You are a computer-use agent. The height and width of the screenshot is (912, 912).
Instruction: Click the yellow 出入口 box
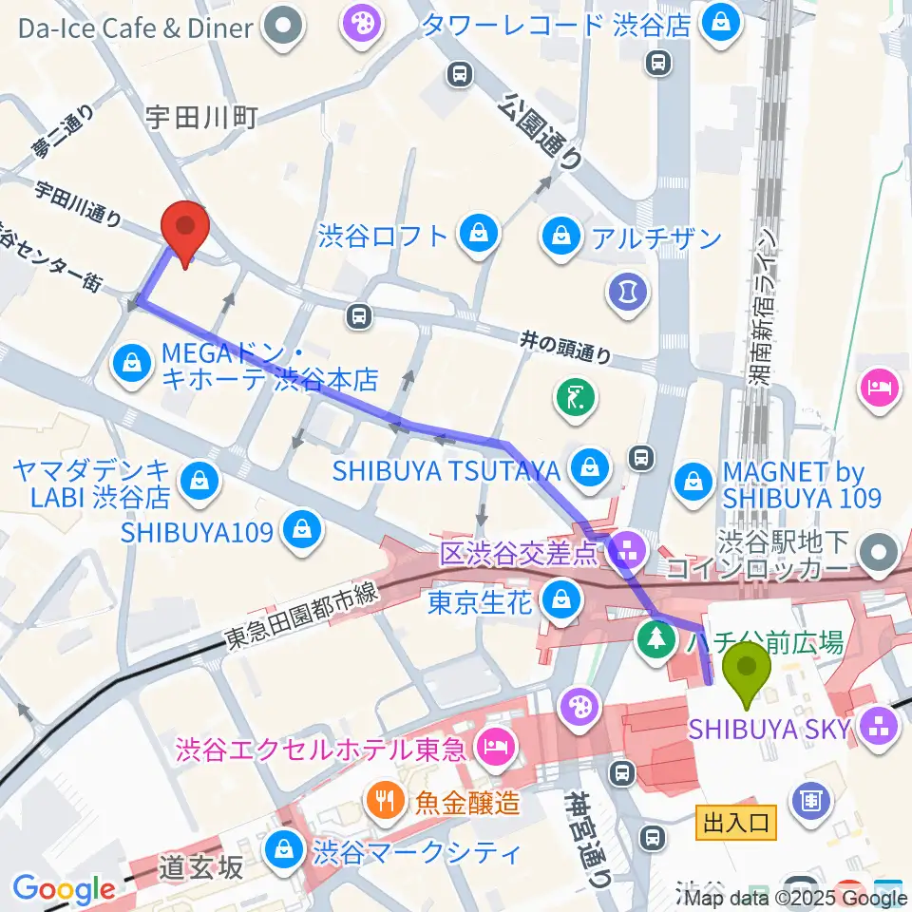[x=737, y=822]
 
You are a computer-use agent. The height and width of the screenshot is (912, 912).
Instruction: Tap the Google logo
[x=64, y=889]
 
